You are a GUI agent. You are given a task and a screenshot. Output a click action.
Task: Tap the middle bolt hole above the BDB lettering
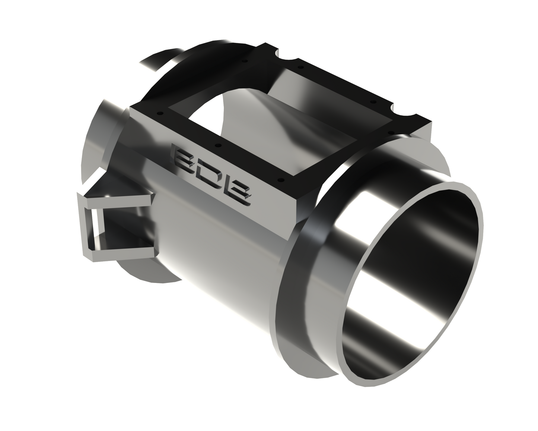[219, 145]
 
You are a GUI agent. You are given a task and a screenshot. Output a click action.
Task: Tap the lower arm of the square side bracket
[123, 252]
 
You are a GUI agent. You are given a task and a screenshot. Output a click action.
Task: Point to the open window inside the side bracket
[112, 227]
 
